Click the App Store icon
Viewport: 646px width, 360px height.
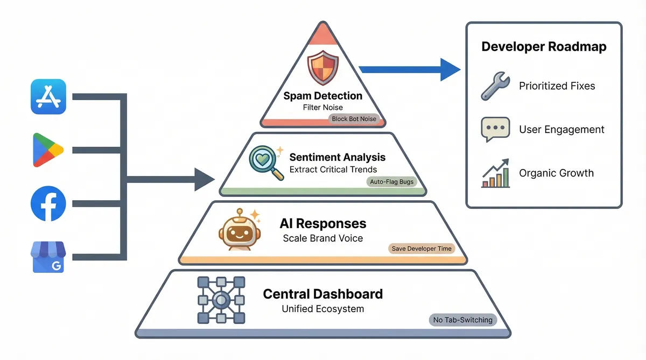click(48, 97)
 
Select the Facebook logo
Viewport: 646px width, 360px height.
click(48, 203)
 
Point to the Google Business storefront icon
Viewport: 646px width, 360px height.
click(48, 257)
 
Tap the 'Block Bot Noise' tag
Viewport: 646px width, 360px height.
click(354, 118)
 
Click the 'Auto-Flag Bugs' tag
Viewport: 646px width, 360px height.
click(392, 182)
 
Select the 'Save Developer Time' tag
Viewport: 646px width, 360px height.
click(423, 249)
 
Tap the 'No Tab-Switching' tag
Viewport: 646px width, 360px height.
click(463, 320)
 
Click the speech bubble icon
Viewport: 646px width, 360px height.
click(495, 130)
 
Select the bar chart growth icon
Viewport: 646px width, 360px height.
click(495, 173)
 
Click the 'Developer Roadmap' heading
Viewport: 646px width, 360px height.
click(544, 47)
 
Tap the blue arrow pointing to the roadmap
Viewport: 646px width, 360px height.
click(409, 69)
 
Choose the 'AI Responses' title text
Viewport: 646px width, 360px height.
click(323, 223)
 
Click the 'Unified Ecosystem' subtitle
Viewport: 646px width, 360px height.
click(323, 309)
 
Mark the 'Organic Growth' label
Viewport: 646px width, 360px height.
click(556, 173)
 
